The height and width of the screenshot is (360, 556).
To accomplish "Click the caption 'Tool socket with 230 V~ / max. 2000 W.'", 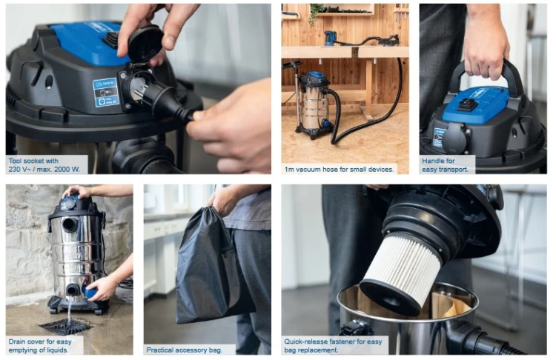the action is coord(44,165).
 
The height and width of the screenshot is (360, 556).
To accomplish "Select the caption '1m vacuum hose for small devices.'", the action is coord(339,170).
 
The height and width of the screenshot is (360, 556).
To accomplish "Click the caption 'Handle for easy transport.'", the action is coord(445,165).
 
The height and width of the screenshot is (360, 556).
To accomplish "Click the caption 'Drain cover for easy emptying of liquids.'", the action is coord(40,346).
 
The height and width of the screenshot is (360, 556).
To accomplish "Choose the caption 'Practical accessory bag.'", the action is coord(185,350).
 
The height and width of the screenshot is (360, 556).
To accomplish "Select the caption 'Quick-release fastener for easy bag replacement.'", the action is coord(333,346).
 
